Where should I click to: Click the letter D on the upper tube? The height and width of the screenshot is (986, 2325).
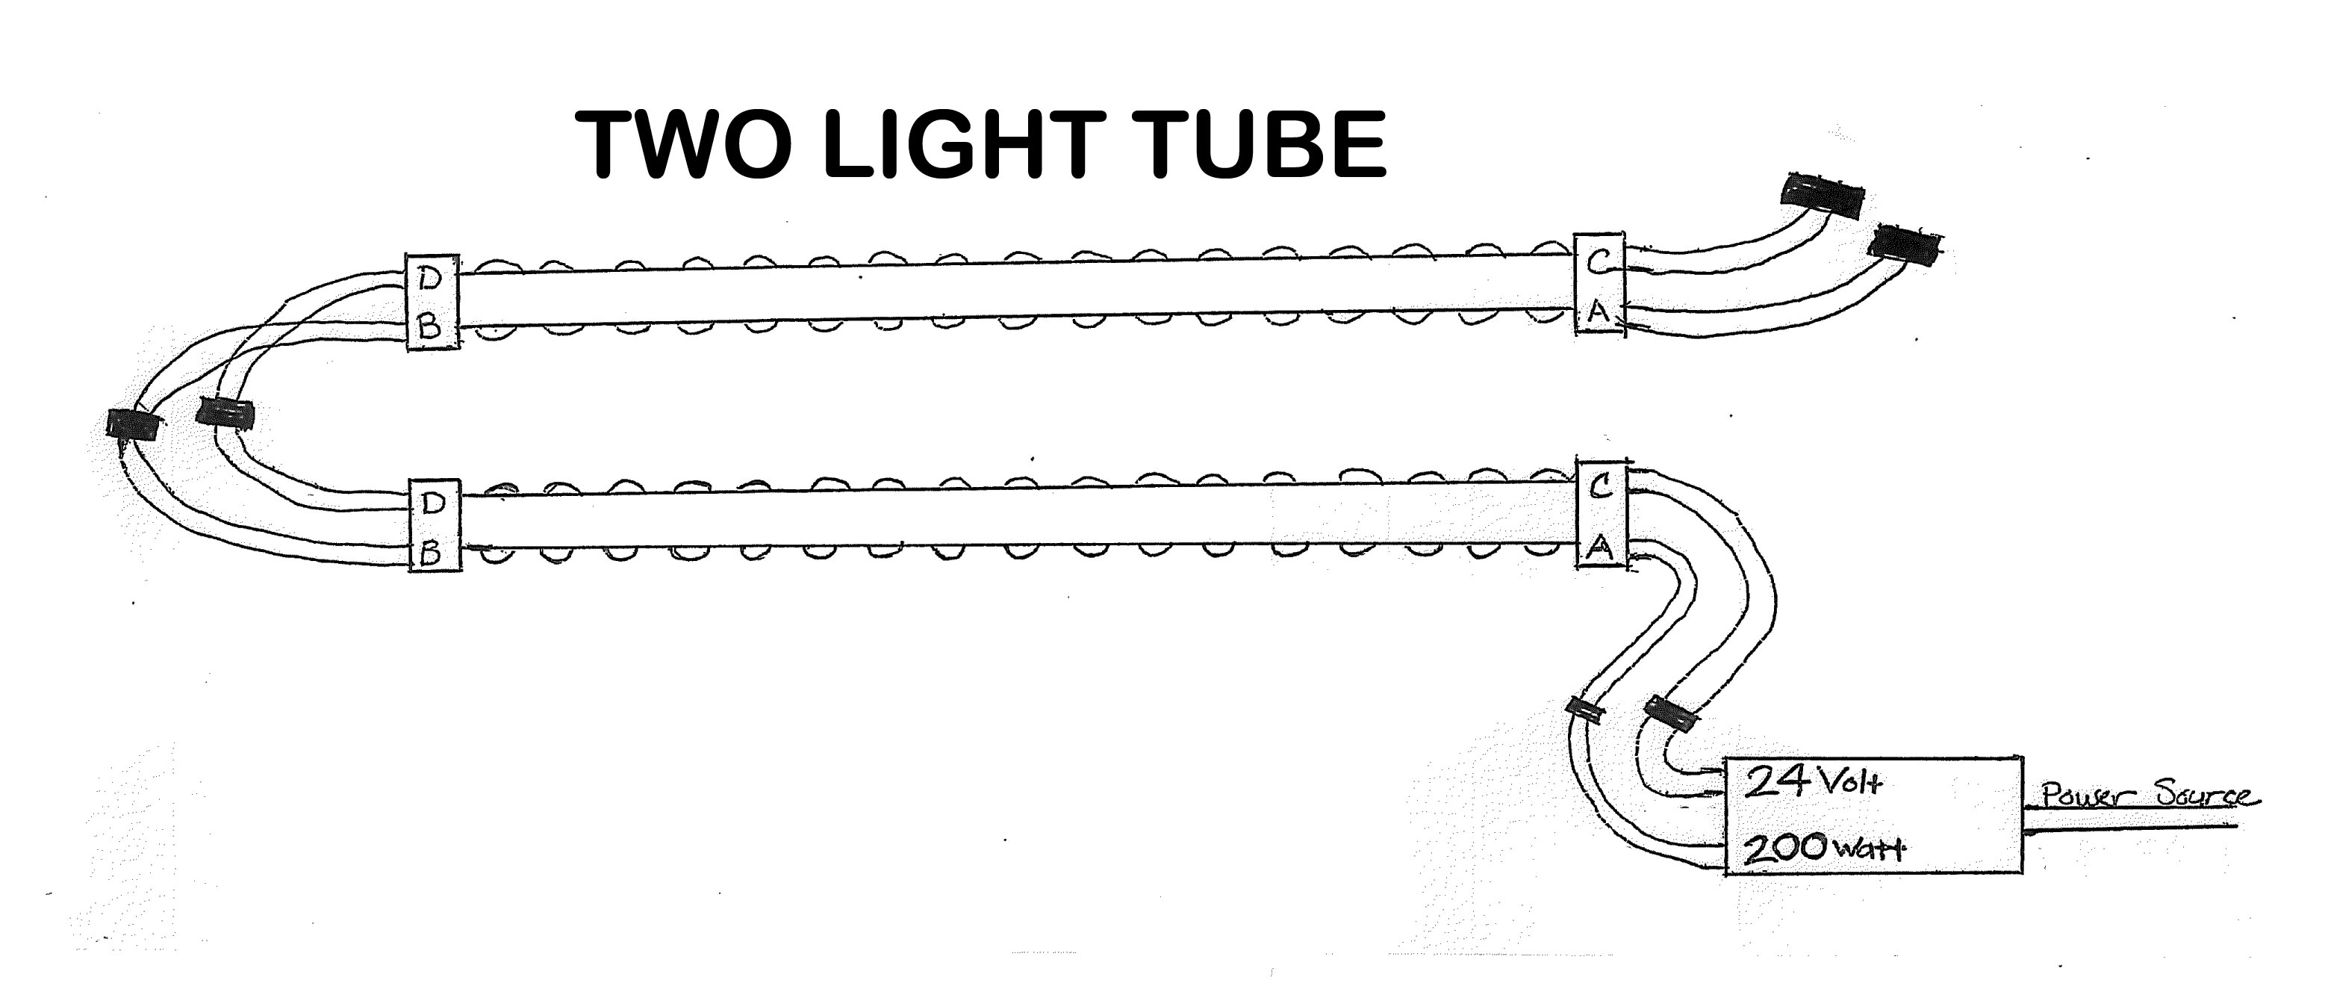click(x=431, y=281)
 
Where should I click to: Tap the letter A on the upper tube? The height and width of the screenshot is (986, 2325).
click(x=1599, y=312)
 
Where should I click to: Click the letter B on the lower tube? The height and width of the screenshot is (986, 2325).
click(x=432, y=554)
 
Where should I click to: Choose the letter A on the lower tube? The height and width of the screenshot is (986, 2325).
click(x=1599, y=546)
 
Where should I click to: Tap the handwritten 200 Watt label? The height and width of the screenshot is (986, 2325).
click(x=1820, y=848)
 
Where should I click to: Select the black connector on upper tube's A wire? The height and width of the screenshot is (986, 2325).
click(x=1905, y=246)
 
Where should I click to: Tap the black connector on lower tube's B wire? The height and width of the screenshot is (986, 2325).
click(x=133, y=424)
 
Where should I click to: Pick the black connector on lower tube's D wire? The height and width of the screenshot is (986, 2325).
click(x=225, y=414)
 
